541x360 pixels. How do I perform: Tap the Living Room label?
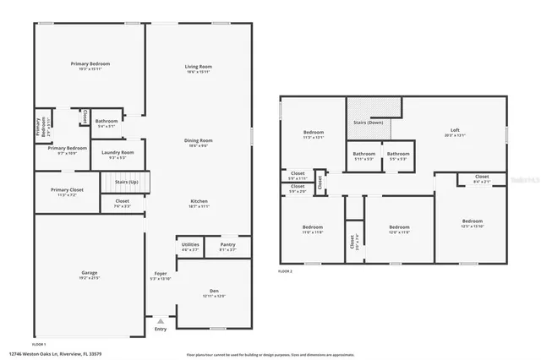tap(199, 68)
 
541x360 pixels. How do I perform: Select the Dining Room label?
tap(199, 142)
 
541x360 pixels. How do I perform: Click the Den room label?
tap(214, 292)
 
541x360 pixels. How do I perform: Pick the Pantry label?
tap(227, 247)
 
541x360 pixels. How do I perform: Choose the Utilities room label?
tap(190, 246)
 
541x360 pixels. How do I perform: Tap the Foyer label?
tap(159, 275)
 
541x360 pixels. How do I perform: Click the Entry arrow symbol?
tap(160, 321)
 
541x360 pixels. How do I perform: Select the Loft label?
tap(455, 130)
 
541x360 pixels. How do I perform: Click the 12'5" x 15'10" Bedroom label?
tap(473, 223)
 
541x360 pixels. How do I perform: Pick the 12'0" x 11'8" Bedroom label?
tap(399, 229)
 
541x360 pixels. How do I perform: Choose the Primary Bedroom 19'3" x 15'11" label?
tap(89, 66)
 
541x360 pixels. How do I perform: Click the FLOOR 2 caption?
tap(285, 271)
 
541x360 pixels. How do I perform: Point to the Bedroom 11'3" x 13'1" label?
tap(314, 135)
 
